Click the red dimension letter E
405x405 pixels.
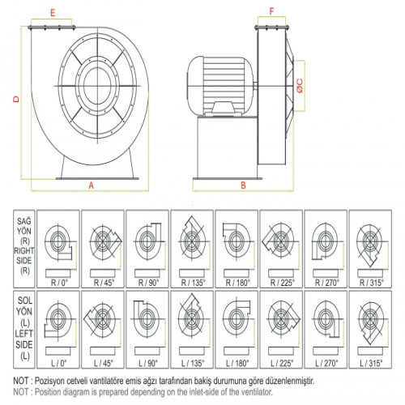(x=53, y=13)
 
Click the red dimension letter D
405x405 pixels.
(x=16, y=99)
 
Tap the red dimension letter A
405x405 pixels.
(x=92, y=185)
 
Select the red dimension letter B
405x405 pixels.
(x=243, y=185)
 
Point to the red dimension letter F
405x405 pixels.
(x=271, y=11)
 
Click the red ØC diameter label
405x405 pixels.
(x=300, y=86)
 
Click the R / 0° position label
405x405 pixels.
(x=60, y=283)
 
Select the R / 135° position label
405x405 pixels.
(x=193, y=283)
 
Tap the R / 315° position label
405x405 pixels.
(x=372, y=283)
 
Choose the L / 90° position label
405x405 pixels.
(x=148, y=363)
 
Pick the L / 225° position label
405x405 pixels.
(x=282, y=363)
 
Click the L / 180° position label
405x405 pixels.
(x=237, y=363)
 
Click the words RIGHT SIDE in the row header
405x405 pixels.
(x=24, y=255)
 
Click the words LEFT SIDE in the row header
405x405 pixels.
(x=23, y=339)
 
